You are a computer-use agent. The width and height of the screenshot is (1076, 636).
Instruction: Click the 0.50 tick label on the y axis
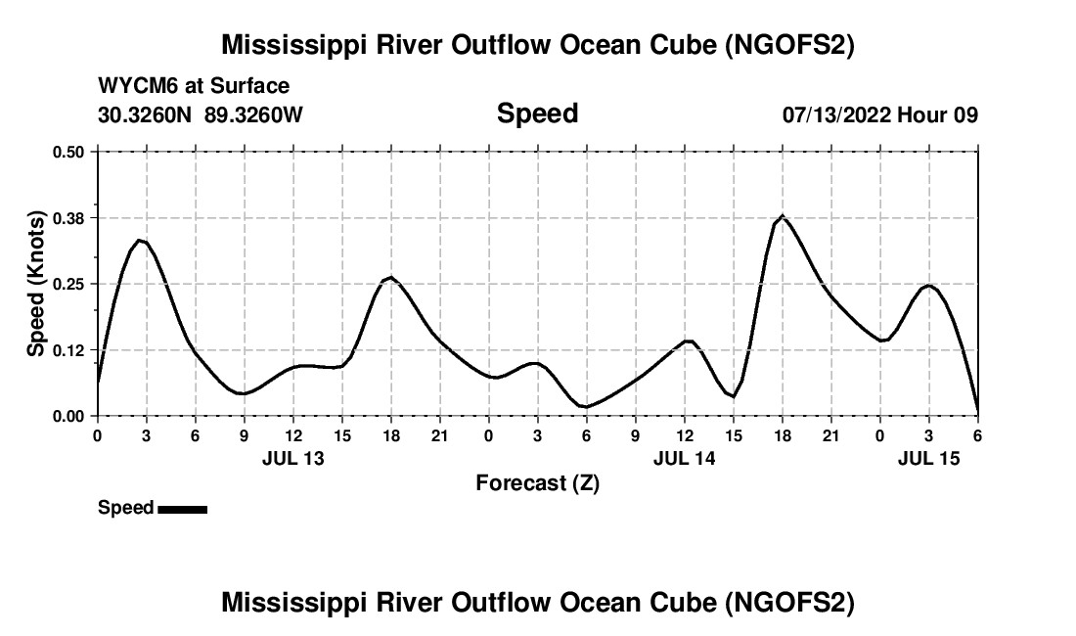[69, 152]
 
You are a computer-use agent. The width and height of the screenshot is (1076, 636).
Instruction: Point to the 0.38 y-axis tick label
[69, 217]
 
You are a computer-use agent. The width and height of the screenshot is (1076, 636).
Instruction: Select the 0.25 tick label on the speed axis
[69, 284]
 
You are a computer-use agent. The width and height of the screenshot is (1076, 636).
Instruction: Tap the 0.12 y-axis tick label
[69, 350]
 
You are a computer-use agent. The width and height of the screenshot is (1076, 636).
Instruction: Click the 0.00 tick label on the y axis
[69, 416]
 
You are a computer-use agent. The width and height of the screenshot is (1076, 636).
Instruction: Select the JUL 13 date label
[292, 458]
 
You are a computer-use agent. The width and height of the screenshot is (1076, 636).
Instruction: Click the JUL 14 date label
[684, 458]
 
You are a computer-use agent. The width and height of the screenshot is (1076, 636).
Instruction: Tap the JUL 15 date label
[929, 458]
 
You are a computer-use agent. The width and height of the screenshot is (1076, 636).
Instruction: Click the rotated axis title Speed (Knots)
[36, 284]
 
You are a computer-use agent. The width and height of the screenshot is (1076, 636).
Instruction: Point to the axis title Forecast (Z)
[537, 482]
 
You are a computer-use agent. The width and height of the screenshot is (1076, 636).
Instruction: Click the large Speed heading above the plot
[537, 114]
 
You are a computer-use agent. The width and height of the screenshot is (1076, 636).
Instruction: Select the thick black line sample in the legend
[182, 509]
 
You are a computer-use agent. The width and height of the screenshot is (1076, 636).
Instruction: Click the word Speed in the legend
[125, 508]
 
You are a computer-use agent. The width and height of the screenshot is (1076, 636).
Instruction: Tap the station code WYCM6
[132, 86]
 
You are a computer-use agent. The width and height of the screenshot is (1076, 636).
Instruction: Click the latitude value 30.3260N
[147, 114]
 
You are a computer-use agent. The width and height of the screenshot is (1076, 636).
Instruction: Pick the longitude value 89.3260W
[253, 114]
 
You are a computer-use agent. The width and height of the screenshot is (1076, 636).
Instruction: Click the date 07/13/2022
[836, 114]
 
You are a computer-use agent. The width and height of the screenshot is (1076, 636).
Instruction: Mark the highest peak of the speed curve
[782, 215]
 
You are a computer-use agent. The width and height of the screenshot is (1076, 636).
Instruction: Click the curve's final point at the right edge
[977, 413]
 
